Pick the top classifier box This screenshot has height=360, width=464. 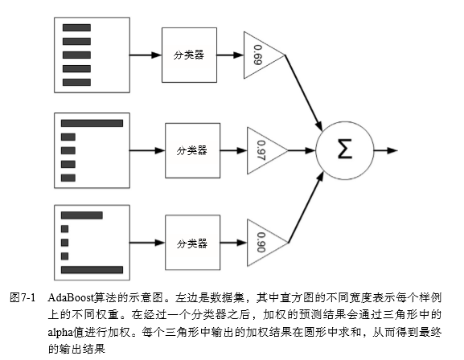click(189, 55)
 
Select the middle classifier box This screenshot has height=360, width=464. click(191, 150)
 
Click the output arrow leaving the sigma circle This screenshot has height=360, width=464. click(384, 150)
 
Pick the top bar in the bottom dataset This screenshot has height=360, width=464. click(81, 215)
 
